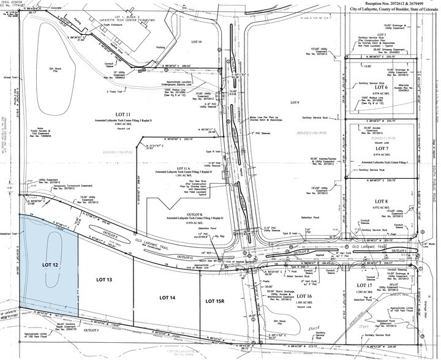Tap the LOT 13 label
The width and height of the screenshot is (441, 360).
tap(106, 279)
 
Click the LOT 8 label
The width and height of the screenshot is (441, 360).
tap(382, 201)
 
